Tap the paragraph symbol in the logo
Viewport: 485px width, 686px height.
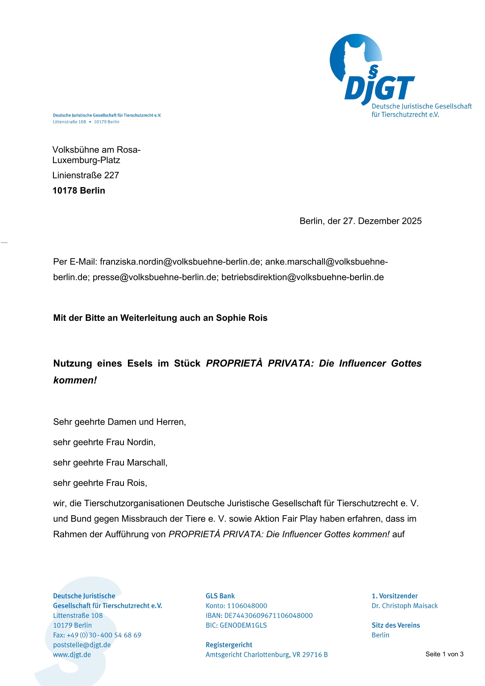tap(373, 71)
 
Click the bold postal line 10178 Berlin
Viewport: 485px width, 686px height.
tap(79, 191)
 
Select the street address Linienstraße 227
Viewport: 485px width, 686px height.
tap(86, 175)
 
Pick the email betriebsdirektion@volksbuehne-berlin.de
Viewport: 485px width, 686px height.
tap(302, 277)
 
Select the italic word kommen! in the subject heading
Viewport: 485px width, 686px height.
tap(75, 380)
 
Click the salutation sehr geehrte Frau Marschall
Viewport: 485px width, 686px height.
tap(110, 463)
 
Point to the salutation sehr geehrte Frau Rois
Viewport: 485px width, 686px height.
tap(100, 483)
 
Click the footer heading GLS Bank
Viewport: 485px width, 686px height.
tap(220, 596)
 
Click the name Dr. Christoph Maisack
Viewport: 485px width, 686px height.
tap(405, 606)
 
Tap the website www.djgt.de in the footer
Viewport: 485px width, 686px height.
tap(72, 655)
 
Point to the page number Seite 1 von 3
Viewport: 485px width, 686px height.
tap(444, 654)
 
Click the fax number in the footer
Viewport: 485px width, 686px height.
tap(104, 635)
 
